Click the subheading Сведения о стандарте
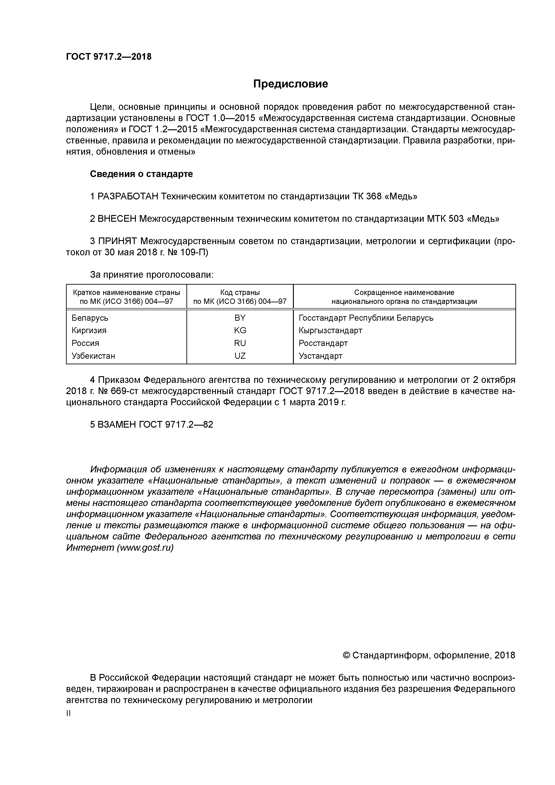pyautogui.click(x=141, y=174)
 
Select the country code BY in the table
pyautogui.click(x=240, y=318)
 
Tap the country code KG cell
pyautogui.click(x=240, y=331)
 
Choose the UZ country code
pyautogui.click(x=240, y=356)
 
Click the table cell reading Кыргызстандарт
pyautogui.click(x=330, y=331)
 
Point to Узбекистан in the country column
pyautogui.click(x=93, y=356)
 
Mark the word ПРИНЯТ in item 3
pyautogui.click(x=117, y=241)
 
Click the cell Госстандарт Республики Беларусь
pyautogui.click(x=366, y=318)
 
